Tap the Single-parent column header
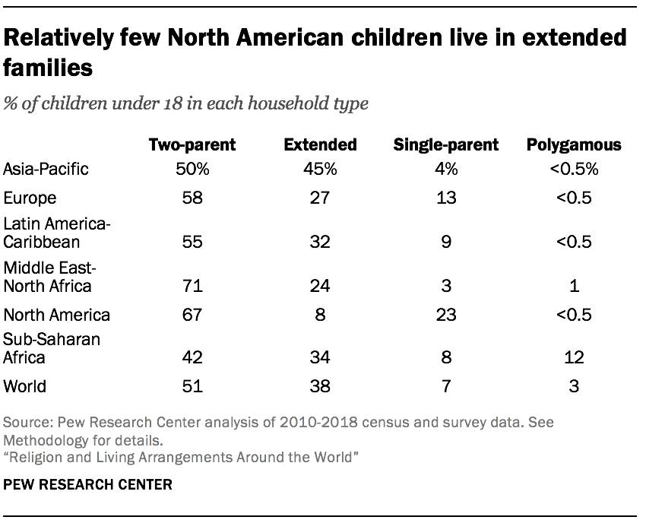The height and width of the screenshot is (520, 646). coord(445,144)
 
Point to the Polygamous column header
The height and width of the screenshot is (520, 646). coord(573,144)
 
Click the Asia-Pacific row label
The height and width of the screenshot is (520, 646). coord(46,169)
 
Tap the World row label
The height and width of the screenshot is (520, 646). coord(24,386)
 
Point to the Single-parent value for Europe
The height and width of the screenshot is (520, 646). coord(445,198)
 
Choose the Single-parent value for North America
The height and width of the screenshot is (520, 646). coord(445,315)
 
